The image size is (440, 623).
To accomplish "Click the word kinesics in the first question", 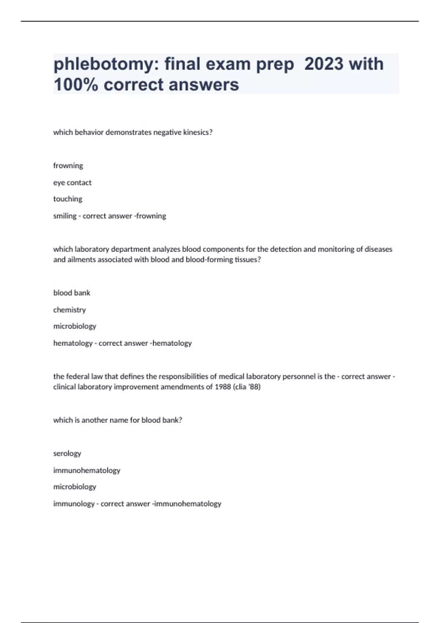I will pos(198,132).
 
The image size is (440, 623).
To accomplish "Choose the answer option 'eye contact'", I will pos(72,183).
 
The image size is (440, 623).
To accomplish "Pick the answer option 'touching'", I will pos(68,199).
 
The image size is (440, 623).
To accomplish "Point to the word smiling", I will pos(65,216).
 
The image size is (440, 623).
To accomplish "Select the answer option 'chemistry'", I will pos(69,310).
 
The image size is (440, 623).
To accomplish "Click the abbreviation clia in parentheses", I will pos(241,387).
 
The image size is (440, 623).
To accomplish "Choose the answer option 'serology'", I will pos(67,453).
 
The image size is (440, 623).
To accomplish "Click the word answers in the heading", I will pos(206,85).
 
